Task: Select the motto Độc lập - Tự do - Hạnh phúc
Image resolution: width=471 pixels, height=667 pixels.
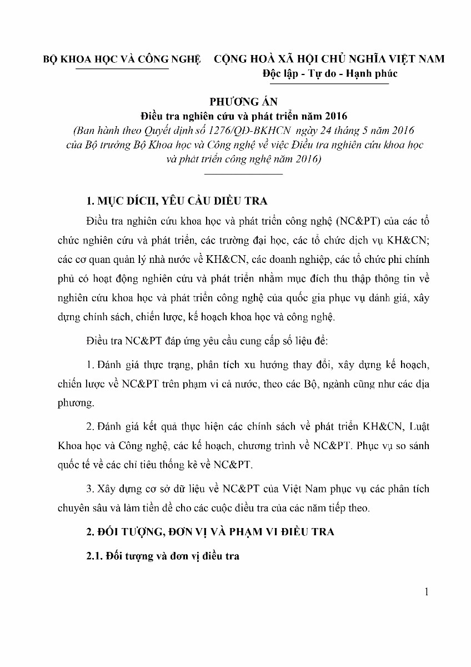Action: point(330,73)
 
